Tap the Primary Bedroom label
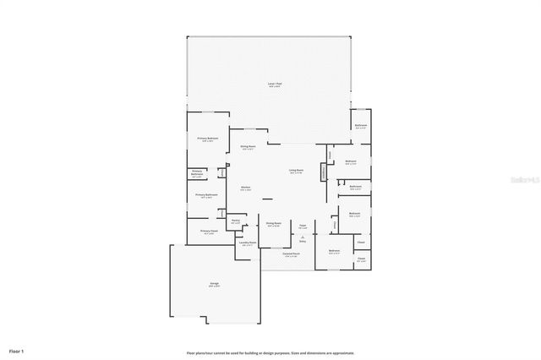coord(208,139)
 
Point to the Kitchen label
coord(245,188)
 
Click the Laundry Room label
coord(248,243)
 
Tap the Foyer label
coord(302,226)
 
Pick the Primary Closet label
coord(209,231)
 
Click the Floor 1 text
coord(17,351)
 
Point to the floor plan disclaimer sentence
coord(270,352)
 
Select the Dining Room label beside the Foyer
coord(273,226)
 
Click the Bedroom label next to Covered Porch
coord(334,251)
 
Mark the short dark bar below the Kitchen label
coord(267,199)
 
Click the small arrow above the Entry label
coord(302,236)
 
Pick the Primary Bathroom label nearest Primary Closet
coord(207,196)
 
